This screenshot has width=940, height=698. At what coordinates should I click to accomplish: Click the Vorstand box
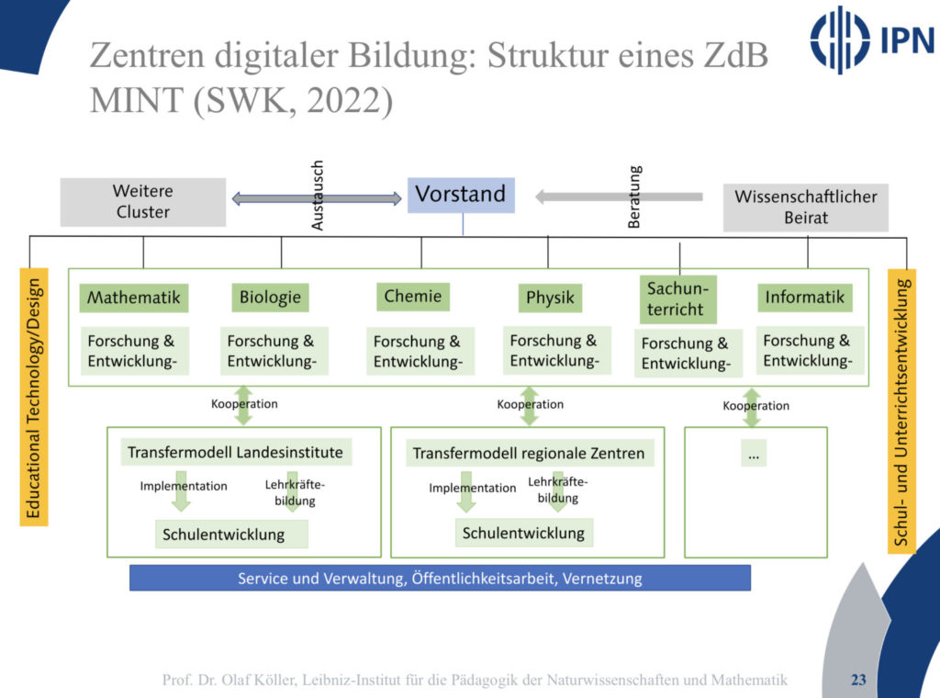(x=461, y=195)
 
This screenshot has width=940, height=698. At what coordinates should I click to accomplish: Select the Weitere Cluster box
(x=143, y=202)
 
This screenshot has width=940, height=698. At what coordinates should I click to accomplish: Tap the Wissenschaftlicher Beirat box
(x=805, y=208)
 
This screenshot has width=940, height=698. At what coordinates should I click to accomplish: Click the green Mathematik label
(x=134, y=298)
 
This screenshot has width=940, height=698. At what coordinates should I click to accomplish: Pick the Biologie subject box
(x=270, y=297)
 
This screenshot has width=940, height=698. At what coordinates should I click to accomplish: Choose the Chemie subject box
(x=412, y=296)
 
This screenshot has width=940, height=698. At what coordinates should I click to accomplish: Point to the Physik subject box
(x=550, y=298)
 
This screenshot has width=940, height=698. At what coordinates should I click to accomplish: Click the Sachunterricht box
(x=677, y=299)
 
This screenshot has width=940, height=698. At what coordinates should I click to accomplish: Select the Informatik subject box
(x=804, y=298)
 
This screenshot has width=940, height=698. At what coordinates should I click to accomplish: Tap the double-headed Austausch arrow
(x=316, y=197)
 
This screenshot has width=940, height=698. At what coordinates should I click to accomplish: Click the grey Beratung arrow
(x=619, y=196)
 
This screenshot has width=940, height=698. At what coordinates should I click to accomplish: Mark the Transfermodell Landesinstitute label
(x=235, y=452)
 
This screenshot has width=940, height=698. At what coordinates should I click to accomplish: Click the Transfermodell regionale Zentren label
(x=529, y=453)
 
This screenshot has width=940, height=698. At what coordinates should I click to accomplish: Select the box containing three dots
(x=755, y=454)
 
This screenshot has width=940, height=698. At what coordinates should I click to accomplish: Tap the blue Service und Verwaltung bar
(x=440, y=579)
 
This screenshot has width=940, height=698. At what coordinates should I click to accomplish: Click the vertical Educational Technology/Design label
(x=34, y=397)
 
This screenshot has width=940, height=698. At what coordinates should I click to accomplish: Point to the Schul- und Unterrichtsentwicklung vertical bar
(x=901, y=411)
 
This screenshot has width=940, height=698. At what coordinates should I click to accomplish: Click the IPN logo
(x=871, y=39)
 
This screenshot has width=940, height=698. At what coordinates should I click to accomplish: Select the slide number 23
(x=858, y=681)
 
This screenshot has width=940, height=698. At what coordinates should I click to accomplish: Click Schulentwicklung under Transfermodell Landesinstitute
(x=224, y=534)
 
